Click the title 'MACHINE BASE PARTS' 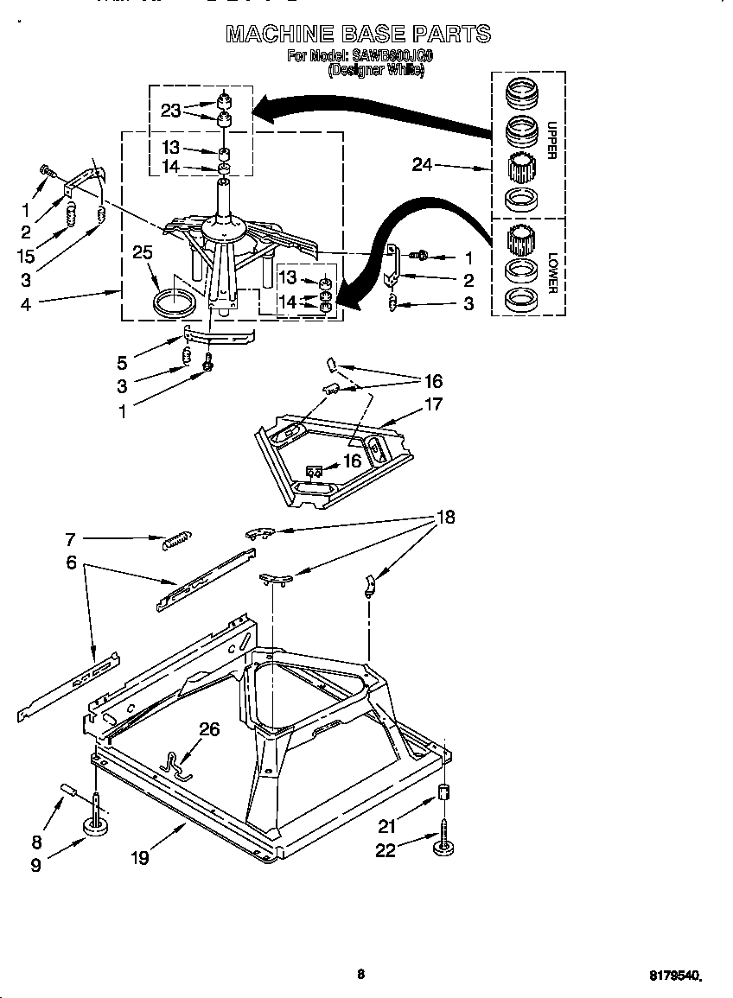click(x=358, y=35)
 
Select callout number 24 click(x=422, y=164)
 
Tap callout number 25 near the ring click(x=143, y=252)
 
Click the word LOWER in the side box click(x=551, y=272)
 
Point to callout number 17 click(x=433, y=404)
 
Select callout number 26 click(x=209, y=729)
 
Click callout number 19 click(x=140, y=857)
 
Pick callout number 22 click(x=386, y=851)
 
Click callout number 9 click(x=35, y=864)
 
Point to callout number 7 click(x=71, y=540)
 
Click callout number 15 click(x=26, y=257)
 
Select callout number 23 click(x=171, y=110)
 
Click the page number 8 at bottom click(x=361, y=975)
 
